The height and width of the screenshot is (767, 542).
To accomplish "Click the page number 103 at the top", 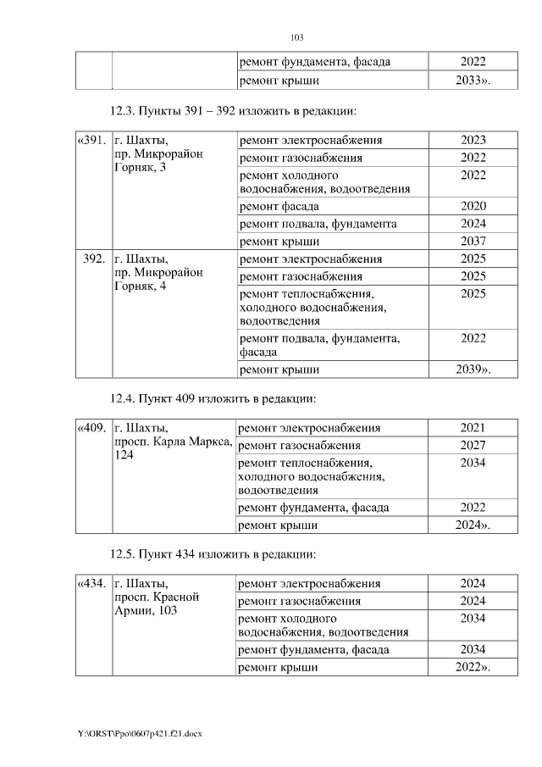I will coord(296,37).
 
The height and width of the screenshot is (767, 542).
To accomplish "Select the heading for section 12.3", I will coord(233,111).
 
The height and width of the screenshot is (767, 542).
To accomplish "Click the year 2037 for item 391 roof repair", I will coord(473,242).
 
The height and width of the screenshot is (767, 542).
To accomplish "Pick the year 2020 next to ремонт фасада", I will coord(473,206).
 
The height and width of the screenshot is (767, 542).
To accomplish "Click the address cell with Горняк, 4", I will coord(158,273).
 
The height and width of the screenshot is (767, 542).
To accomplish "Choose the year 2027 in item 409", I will coord(473,446).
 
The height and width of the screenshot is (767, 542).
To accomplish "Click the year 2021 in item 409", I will coord(473,428).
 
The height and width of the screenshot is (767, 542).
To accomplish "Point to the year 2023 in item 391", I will coord(473,140).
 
